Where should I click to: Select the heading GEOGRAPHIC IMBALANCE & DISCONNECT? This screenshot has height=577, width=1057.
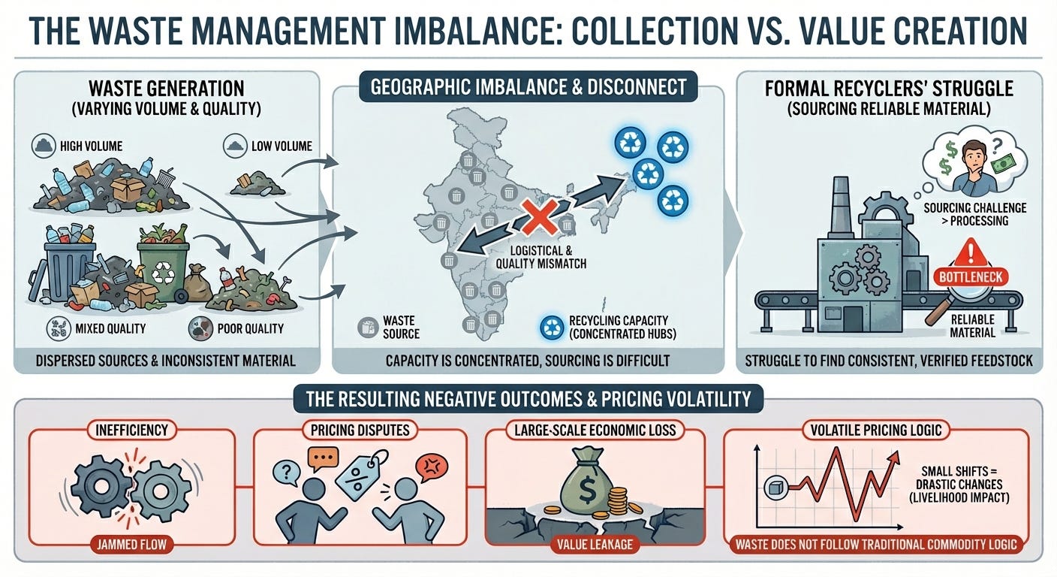click(529, 86)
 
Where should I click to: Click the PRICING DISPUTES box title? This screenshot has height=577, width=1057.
click(362, 431)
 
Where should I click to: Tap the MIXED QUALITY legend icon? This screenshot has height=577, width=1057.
click(58, 328)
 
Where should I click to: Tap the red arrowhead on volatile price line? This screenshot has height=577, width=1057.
click(895, 457)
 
